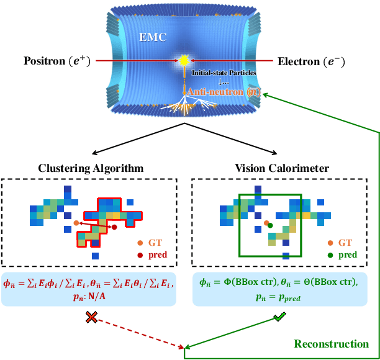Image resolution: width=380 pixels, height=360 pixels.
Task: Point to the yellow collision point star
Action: coord(184,61)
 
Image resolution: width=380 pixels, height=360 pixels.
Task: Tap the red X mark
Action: coord(91,318)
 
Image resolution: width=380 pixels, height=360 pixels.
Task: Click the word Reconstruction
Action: coord(332,344)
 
